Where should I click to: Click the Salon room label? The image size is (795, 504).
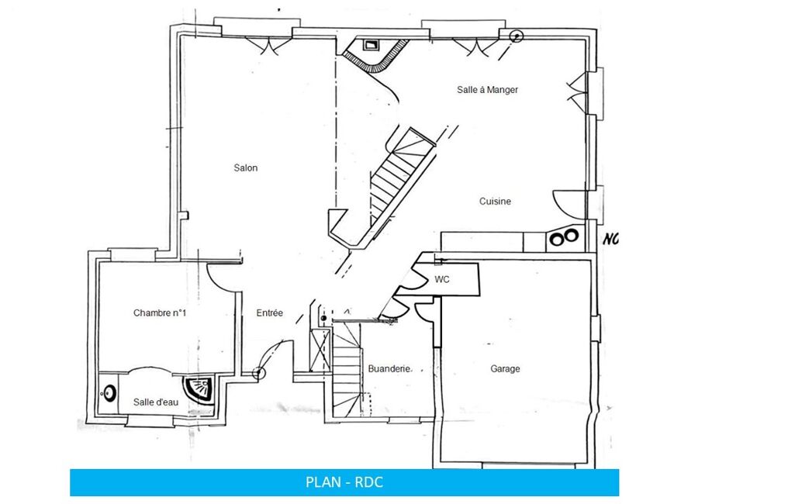click(x=245, y=167)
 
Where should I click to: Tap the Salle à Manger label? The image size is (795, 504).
click(x=487, y=90)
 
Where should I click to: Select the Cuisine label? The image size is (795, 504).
click(x=495, y=202)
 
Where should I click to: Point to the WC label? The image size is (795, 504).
click(x=441, y=279)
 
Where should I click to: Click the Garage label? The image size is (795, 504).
click(x=505, y=369)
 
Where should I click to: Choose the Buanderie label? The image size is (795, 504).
click(x=389, y=368)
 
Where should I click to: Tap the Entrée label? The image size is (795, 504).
click(x=269, y=312)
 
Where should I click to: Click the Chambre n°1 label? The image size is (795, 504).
click(x=160, y=312)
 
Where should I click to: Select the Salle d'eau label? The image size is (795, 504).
click(x=156, y=402)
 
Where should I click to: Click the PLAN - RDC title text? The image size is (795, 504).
click(x=344, y=482)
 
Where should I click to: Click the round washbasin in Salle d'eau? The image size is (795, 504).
click(x=109, y=393)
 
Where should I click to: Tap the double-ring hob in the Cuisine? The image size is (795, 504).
click(x=565, y=236)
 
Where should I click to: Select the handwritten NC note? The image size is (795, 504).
click(x=610, y=239)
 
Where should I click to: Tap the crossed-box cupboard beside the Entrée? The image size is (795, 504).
click(x=320, y=350)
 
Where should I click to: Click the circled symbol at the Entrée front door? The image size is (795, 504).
click(x=258, y=374)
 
